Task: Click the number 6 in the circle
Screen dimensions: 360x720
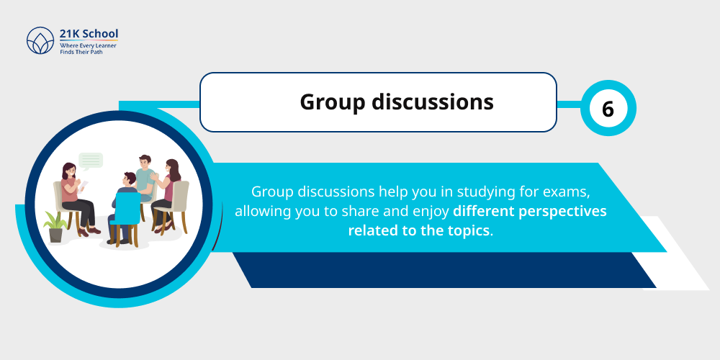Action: click(608, 109)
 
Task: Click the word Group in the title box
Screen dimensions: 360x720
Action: click(333, 102)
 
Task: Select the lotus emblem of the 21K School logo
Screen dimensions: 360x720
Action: click(40, 42)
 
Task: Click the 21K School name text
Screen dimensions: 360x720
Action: click(89, 34)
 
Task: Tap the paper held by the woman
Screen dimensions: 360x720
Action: click(82, 184)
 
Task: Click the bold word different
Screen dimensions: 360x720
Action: click(485, 212)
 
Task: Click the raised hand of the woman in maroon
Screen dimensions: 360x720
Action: click(154, 177)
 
